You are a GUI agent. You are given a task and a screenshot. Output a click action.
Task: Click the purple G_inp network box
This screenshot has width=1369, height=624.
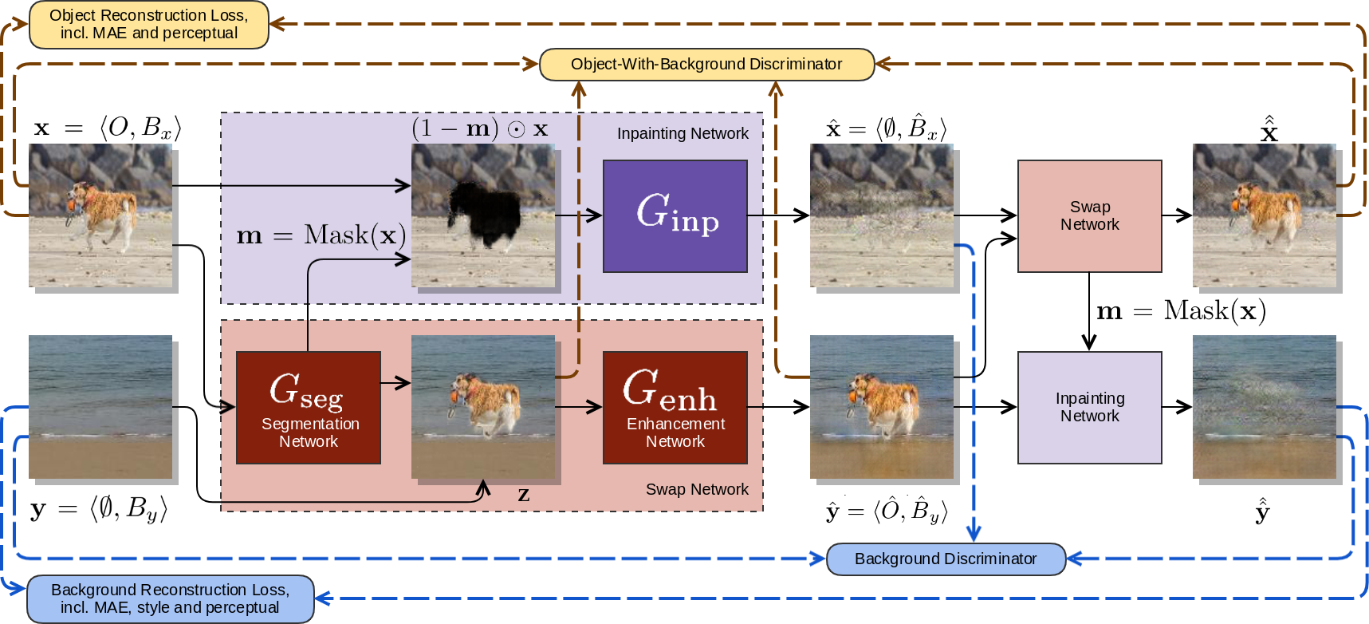click(x=675, y=215)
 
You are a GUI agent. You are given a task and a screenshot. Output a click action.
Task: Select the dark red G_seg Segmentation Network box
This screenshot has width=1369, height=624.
click(x=309, y=407)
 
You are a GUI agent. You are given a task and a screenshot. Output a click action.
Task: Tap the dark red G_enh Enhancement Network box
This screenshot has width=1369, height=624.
click(x=675, y=407)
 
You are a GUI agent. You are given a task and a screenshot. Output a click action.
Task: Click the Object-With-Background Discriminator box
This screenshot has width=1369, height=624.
click(x=706, y=64)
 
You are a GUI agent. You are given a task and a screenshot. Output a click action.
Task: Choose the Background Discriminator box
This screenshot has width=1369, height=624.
click(x=946, y=559)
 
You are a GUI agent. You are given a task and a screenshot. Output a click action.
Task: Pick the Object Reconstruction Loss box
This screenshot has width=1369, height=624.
click(x=149, y=24)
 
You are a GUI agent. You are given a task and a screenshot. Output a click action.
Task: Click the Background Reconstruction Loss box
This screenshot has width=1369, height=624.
click(x=171, y=598)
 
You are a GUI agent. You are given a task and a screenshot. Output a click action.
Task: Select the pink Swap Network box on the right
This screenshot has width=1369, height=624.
click(x=1089, y=215)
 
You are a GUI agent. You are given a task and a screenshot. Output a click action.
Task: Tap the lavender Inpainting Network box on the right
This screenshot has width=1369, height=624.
click(x=1089, y=407)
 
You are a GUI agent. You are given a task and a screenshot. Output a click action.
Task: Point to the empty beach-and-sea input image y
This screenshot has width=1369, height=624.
click(x=100, y=407)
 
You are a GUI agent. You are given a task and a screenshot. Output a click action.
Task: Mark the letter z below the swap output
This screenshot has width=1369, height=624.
click(x=523, y=495)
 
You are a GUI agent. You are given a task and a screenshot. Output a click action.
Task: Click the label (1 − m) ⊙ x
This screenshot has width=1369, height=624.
click(x=480, y=128)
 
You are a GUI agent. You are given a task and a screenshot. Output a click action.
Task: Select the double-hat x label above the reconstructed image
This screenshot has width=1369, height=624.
click(x=1269, y=128)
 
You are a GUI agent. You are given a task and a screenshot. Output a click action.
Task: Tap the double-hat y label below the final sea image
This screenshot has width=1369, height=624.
click(x=1262, y=510)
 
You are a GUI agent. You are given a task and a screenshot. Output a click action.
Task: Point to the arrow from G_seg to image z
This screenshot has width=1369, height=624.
click(x=395, y=383)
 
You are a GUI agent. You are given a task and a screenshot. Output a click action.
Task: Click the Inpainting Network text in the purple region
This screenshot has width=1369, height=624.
click(x=683, y=133)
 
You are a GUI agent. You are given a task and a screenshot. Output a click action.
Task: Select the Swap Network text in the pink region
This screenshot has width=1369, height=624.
click(x=697, y=489)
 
